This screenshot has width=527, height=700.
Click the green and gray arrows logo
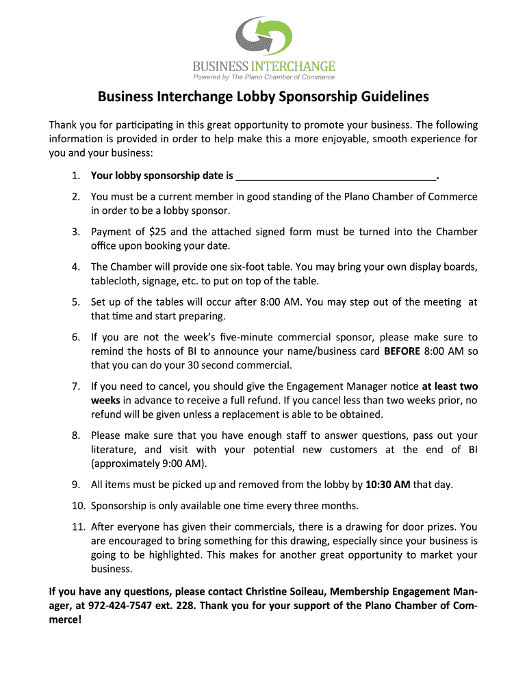[x=263, y=37]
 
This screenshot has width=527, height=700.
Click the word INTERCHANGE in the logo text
[x=293, y=66]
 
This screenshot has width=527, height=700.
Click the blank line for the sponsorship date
[x=335, y=176]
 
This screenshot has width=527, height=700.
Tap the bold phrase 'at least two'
[x=450, y=386]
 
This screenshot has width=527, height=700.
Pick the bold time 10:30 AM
[x=388, y=485]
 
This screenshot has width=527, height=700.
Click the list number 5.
[x=75, y=301]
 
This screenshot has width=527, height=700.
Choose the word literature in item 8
[x=115, y=449]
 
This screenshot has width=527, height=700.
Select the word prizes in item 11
[x=440, y=526]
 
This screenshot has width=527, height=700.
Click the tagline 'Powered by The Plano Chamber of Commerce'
[x=263, y=77]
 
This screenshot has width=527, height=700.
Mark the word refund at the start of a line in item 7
[x=106, y=414]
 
